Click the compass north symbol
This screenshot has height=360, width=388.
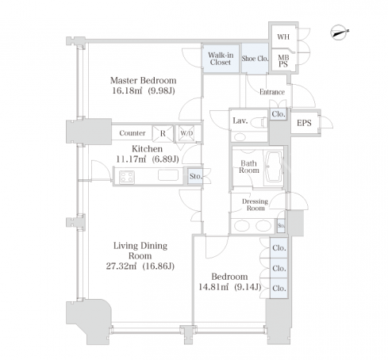[339, 33]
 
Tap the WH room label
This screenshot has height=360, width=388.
[283, 36]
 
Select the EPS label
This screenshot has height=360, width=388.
[304, 123]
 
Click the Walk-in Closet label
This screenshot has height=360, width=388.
[221, 59]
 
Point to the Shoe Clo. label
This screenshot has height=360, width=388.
[255, 59]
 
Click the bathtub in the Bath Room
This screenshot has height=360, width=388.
[274, 167]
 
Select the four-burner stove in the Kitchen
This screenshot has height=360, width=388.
[127, 177]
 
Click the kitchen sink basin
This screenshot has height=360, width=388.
[168, 175]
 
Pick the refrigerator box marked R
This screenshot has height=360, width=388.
[163, 133]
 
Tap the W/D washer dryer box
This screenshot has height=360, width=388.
[186, 133]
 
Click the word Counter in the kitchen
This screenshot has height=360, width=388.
[133, 133]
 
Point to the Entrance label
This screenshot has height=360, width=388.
[272, 92]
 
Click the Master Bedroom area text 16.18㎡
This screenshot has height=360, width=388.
[127, 91]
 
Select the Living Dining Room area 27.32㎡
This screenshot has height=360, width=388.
[121, 266]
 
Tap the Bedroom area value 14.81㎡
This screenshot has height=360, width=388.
[213, 287]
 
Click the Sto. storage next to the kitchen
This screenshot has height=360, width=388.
[195, 176]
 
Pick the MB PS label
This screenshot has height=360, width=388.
[283, 61]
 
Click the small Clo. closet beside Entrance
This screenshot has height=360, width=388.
[279, 114]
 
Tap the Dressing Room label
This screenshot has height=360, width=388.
[255, 205]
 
